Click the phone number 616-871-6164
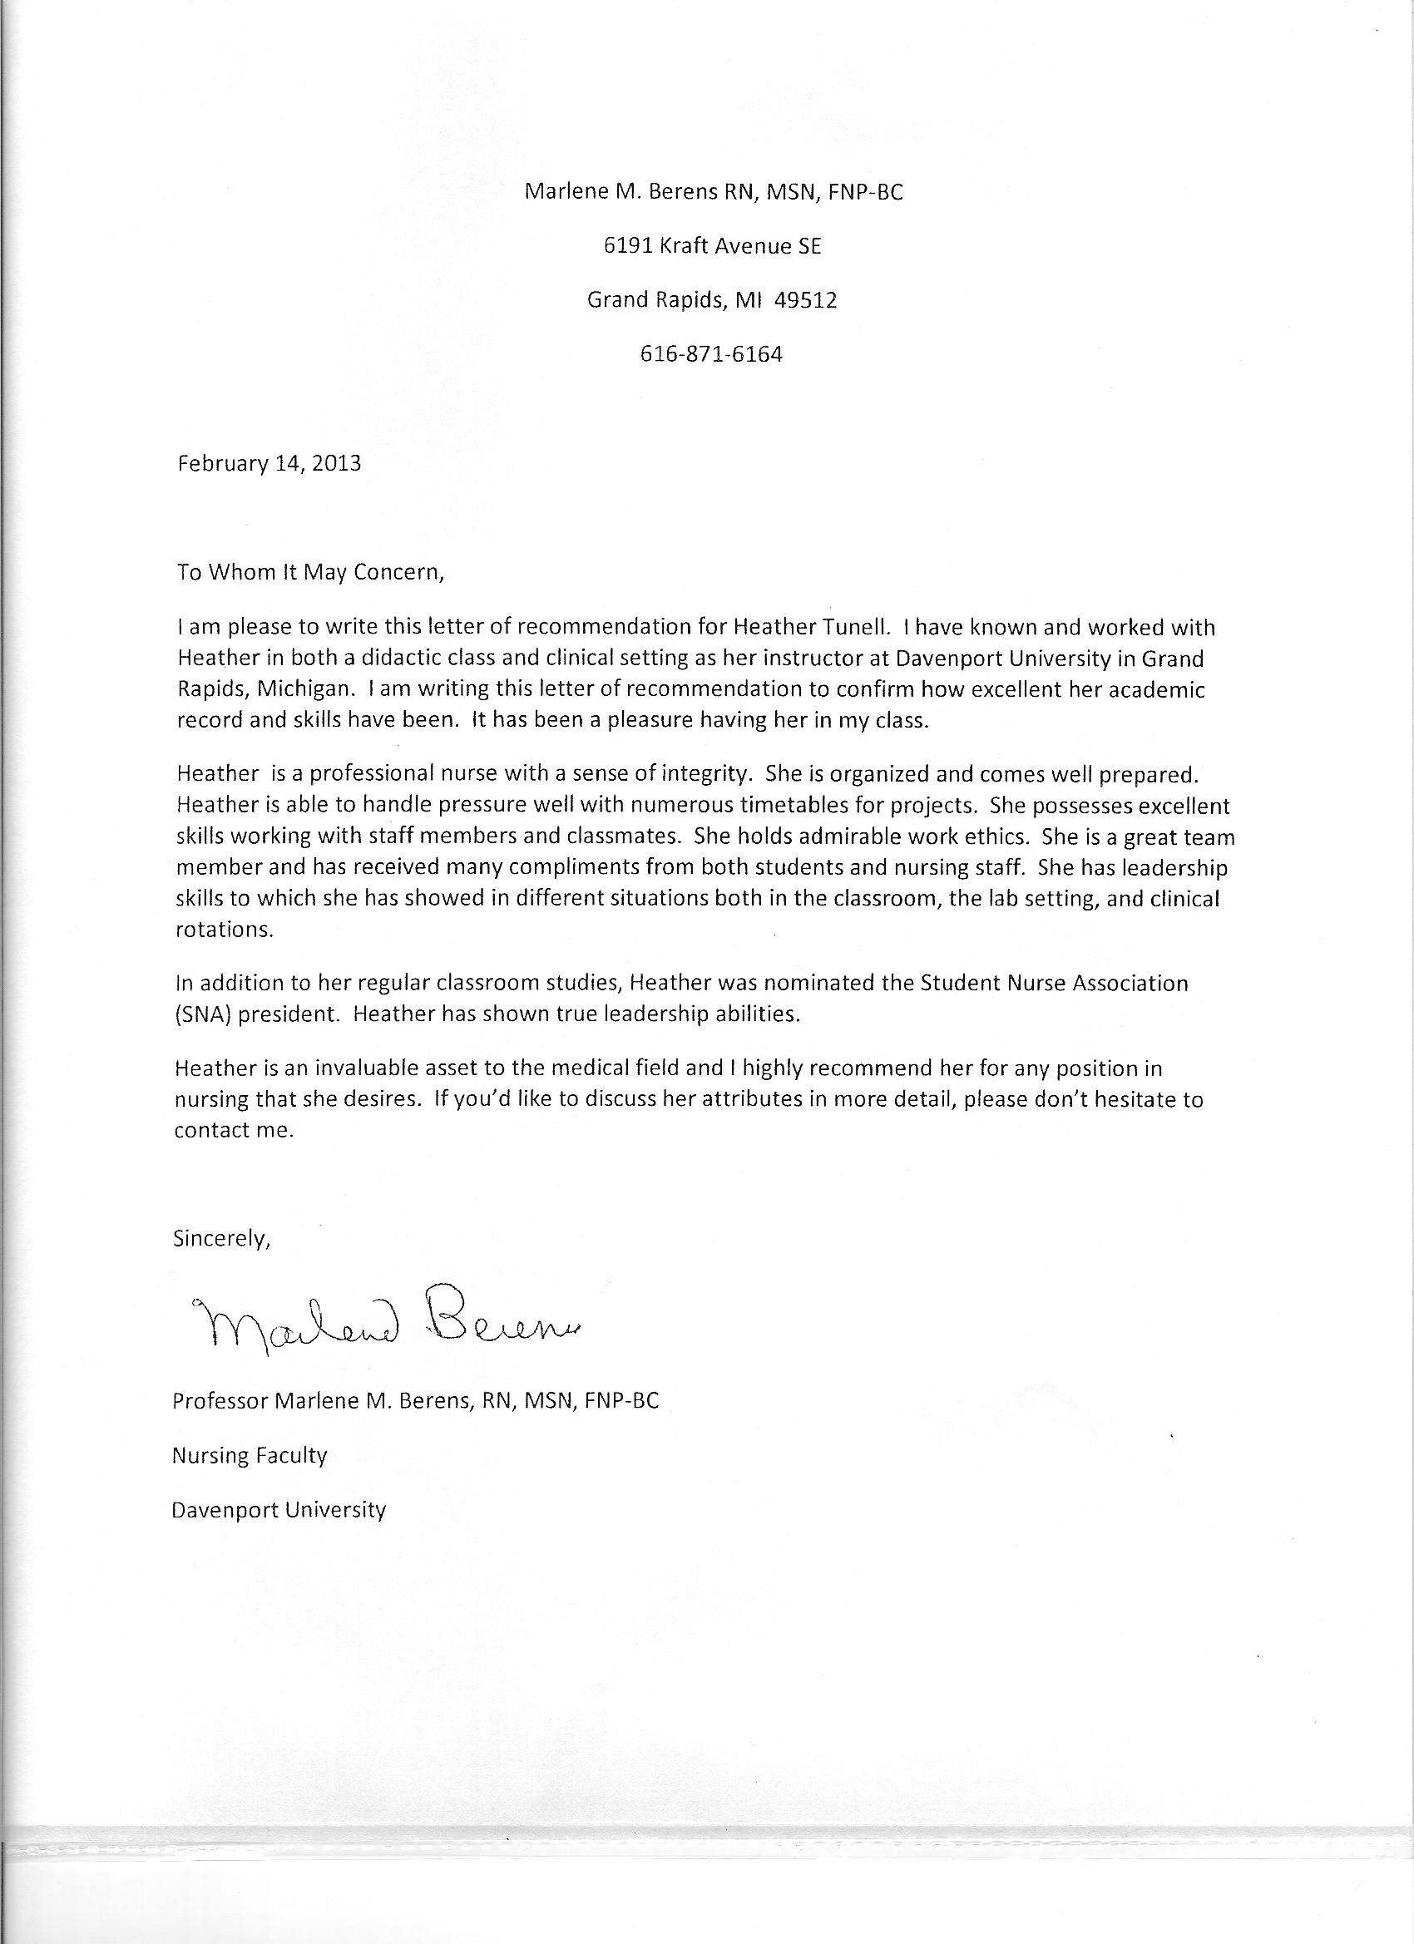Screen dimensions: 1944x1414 711,354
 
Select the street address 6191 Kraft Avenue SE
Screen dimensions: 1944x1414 712,246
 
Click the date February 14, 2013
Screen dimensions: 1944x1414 269,464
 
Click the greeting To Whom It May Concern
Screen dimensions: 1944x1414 310,573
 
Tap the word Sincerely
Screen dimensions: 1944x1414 222,1239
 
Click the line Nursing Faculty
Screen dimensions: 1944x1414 250,1454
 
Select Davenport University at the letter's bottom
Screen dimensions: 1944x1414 279,1508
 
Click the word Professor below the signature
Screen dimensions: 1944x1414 220,1400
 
